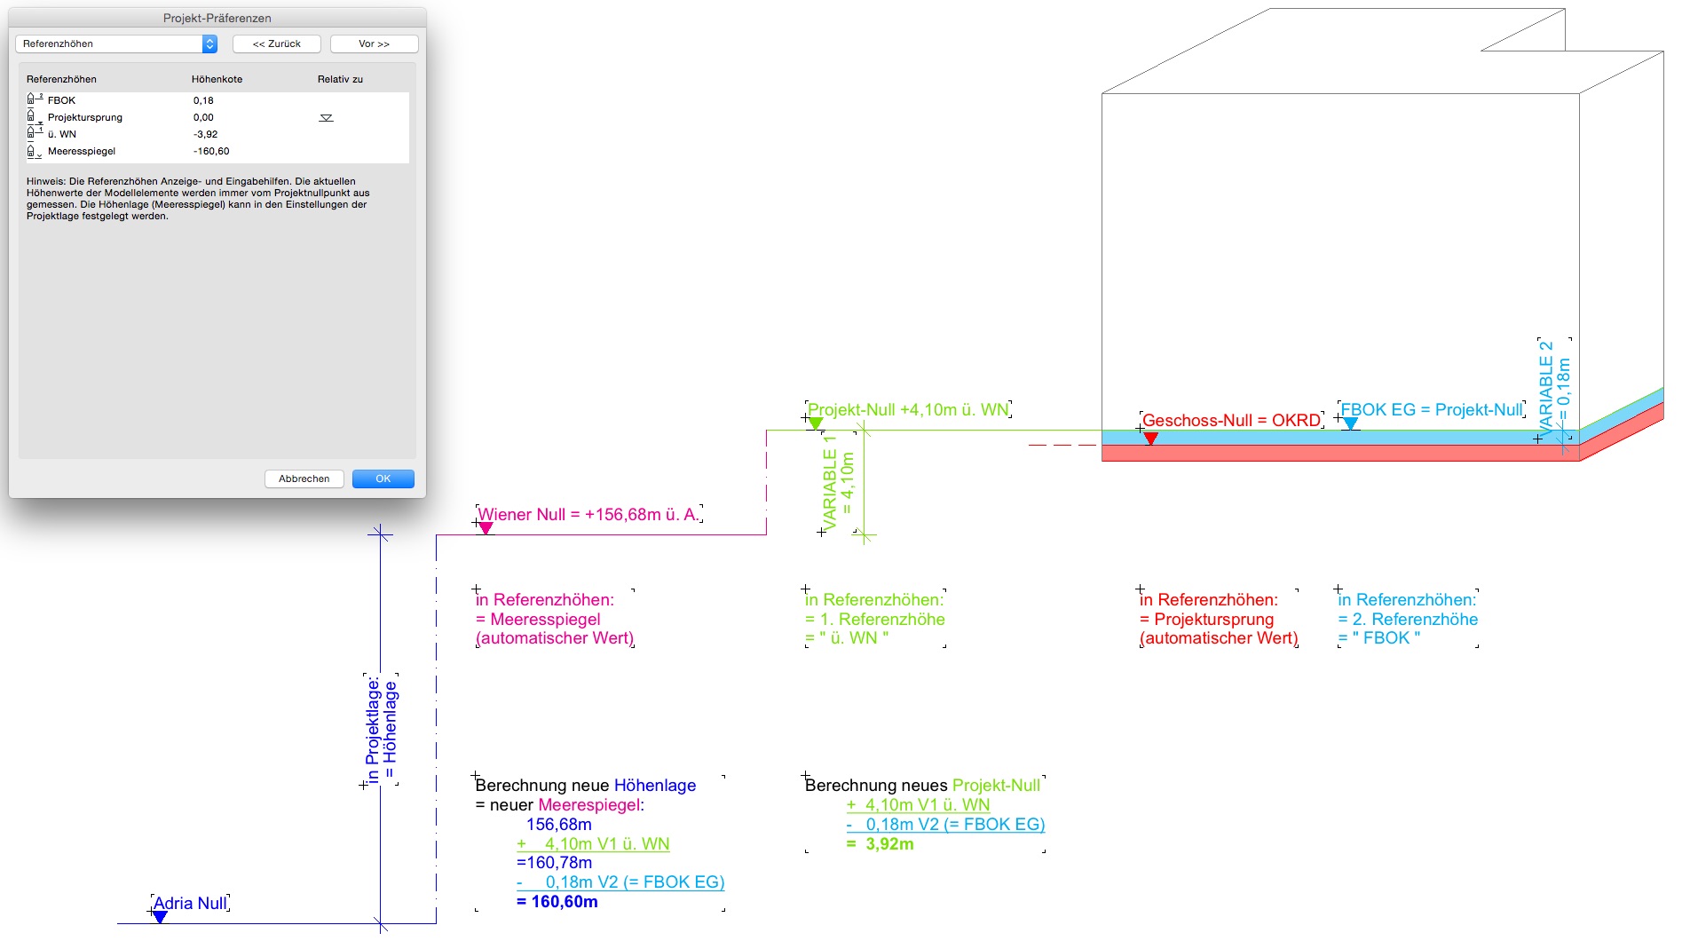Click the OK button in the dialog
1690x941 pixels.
[x=383, y=478]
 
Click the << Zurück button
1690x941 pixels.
[x=276, y=43]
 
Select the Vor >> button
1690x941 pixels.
[x=374, y=43]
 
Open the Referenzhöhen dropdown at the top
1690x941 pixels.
[x=116, y=43]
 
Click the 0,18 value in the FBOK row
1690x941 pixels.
[x=203, y=100]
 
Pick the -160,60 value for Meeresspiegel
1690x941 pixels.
[x=211, y=151]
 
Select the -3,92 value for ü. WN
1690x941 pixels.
[x=205, y=134]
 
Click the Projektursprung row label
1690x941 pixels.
[x=85, y=117]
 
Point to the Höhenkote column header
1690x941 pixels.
[x=217, y=79]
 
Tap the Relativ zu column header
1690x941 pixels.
[x=340, y=79]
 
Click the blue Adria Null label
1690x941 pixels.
[x=190, y=903]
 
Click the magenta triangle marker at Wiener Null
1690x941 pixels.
[x=486, y=528]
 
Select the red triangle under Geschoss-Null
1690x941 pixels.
[x=1150, y=438]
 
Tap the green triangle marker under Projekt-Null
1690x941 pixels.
[x=815, y=424]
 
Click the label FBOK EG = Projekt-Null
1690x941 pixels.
[x=1431, y=409]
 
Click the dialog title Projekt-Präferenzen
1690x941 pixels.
[x=217, y=18]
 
